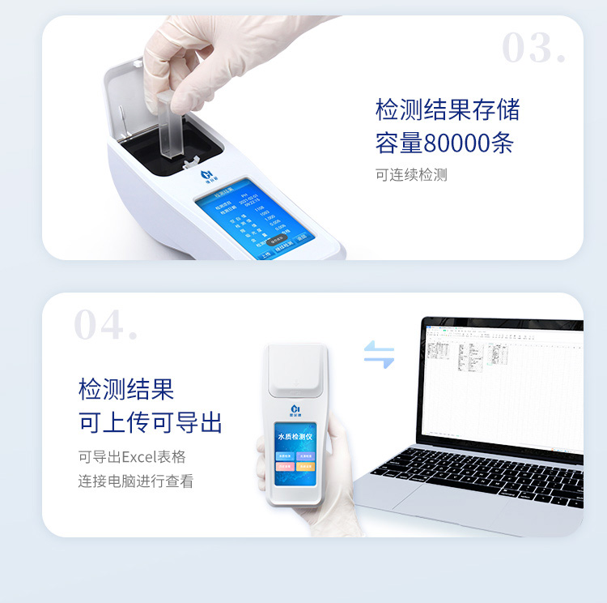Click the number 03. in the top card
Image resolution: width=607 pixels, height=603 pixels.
[x=533, y=49]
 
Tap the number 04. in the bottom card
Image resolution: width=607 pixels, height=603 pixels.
[x=105, y=325]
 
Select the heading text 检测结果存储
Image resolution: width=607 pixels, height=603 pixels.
[x=447, y=109]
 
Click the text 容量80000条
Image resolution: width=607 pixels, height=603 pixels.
[x=444, y=143]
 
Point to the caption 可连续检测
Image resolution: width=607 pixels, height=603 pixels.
[x=411, y=175]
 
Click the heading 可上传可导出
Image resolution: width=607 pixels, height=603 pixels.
[x=150, y=422]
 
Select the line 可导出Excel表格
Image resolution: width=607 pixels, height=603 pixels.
[x=132, y=455]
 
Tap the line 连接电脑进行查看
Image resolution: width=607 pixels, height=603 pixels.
[x=136, y=481]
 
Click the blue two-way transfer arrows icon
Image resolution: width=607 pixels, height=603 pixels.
[x=379, y=354]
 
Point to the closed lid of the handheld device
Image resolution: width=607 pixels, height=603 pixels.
[x=296, y=369]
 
